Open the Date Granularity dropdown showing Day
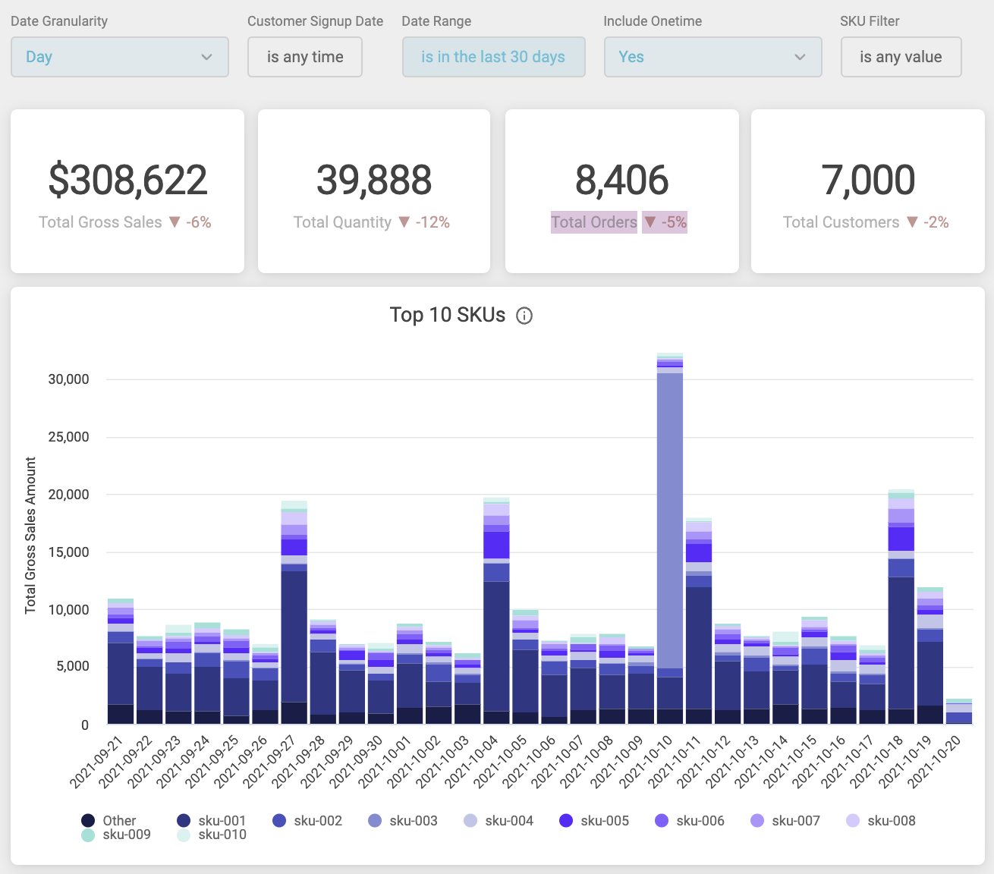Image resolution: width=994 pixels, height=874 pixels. (x=119, y=57)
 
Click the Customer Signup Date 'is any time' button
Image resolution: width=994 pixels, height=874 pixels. (x=305, y=57)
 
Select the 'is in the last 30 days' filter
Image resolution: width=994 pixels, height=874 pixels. (x=493, y=57)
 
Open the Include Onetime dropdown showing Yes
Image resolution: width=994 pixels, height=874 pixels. (x=712, y=57)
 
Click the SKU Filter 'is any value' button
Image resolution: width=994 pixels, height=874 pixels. (x=901, y=57)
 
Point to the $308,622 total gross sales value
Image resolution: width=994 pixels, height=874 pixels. (x=127, y=180)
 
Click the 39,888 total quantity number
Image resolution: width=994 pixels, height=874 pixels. (x=374, y=180)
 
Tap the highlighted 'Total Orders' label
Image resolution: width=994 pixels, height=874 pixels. (x=594, y=222)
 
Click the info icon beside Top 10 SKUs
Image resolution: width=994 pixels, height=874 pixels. (x=524, y=316)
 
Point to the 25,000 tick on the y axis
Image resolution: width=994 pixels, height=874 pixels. (x=68, y=437)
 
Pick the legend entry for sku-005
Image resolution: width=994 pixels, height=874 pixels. (x=595, y=821)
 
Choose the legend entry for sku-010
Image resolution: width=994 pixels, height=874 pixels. (x=212, y=835)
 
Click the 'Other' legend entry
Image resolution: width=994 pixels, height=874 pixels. (x=109, y=821)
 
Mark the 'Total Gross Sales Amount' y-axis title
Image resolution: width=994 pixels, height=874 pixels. (x=30, y=536)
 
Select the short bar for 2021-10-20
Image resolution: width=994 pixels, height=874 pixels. (x=959, y=713)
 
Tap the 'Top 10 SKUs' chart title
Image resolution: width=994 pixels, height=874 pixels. (x=447, y=315)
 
